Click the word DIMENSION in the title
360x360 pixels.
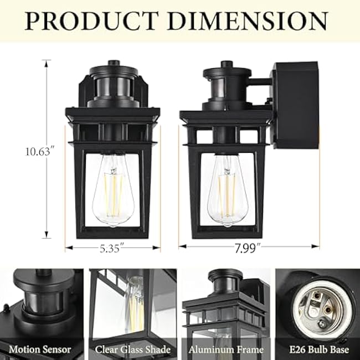[x=249, y=20]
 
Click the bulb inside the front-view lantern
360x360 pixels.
[x=113, y=191]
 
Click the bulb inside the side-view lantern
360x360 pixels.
[x=228, y=191]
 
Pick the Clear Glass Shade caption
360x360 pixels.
[x=132, y=349]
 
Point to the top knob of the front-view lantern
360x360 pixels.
[x=113, y=63]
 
